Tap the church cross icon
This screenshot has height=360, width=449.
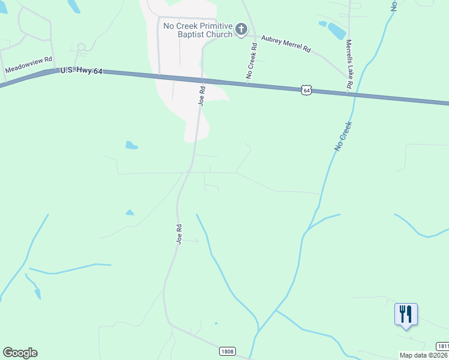coord(241,29)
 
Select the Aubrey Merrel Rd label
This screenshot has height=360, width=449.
coord(285,44)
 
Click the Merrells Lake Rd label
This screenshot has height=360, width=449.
coord(348,64)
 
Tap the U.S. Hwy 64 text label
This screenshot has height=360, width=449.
coord(82,71)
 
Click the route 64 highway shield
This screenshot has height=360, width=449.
coord(307,90)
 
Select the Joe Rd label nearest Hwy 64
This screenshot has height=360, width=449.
coord(202,96)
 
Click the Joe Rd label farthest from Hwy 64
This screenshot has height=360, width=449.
coord(179,233)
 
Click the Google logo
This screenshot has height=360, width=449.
coord(20,353)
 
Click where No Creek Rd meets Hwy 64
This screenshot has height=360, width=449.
coord(248,83)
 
